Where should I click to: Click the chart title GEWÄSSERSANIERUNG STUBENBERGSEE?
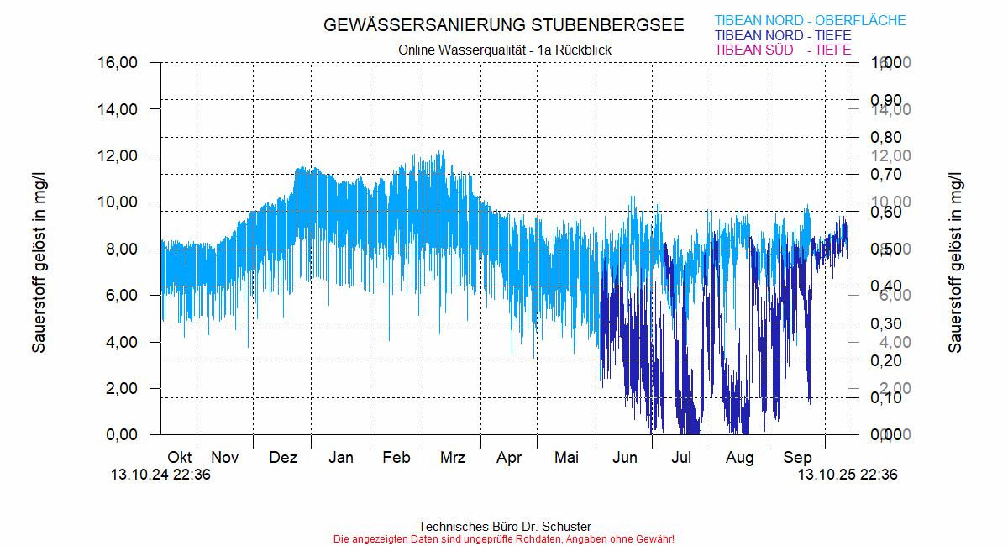[x=504, y=25]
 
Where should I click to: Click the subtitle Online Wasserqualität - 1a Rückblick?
[x=504, y=50]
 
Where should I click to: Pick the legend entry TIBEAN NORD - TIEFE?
[x=782, y=36]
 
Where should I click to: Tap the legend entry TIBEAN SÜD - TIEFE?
[x=782, y=50]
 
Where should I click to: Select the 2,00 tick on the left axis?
[x=123, y=389]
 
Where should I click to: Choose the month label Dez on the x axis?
[x=283, y=458]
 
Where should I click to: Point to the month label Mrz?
[x=453, y=458]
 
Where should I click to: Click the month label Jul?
[x=682, y=458]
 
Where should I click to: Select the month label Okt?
[x=180, y=458]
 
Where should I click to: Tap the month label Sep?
[x=797, y=458]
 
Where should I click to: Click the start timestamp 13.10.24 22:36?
[x=160, y=475]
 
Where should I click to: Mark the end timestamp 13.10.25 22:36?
[x=848, y=475]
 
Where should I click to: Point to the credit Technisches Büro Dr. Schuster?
[x=504, y=527]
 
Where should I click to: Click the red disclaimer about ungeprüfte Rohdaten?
[x=504, y=538]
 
